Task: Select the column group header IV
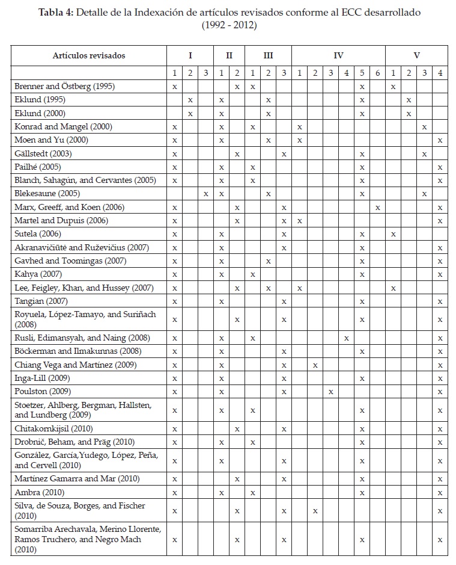click(x=338, y=55)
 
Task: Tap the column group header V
click(x=416, y=55)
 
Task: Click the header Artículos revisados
click(x=89, y=55)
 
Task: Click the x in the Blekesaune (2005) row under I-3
click(x=206, y=194)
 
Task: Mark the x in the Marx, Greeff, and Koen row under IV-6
click(x=377, y=208)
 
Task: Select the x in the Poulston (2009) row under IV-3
click(x=330, y=391)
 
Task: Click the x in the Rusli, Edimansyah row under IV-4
click(x=346, y=338)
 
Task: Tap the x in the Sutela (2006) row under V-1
click(x=393, y=234)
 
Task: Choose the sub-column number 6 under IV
click(x=377, y=73)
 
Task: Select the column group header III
click(x=268, y=55)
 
